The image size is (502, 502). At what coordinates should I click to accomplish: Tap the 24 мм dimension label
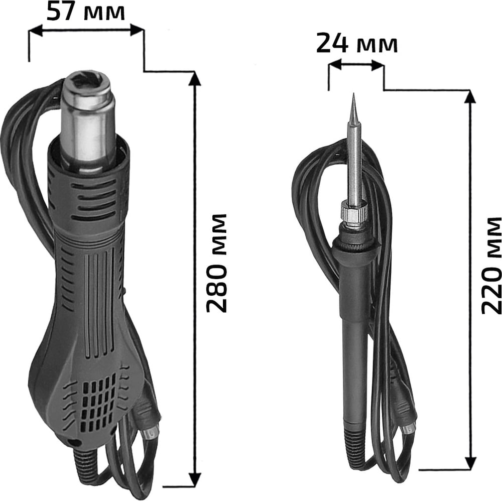click(356, 44)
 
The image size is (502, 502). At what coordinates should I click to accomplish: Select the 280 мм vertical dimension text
click(216, 263)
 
